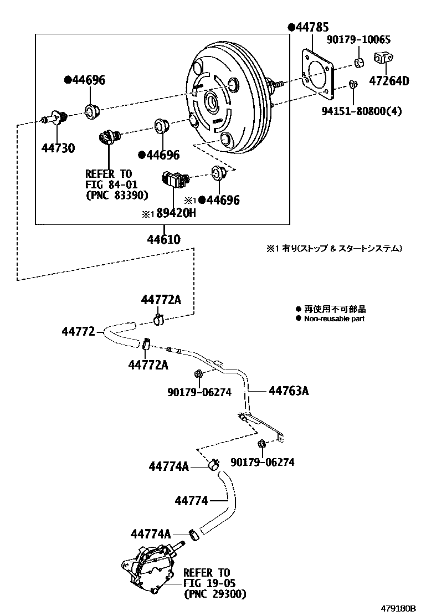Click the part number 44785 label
[x=311, y=27]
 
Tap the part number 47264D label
[x=389, y=81]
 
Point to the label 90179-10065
[x=366, y=40]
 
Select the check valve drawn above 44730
[x=55, y=118]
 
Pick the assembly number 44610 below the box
[x=163, y=239]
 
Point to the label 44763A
[x=289, y=391]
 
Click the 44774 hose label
[x=191, y=501]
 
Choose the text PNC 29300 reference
[x=214, y=594]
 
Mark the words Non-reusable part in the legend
[x=334, y=319]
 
